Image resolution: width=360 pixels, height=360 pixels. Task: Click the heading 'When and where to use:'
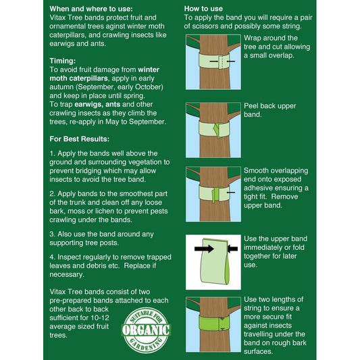pos(91,9)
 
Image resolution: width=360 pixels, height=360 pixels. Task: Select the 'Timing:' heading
pos(62,61)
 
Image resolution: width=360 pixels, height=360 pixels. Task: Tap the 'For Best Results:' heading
pos(80,139)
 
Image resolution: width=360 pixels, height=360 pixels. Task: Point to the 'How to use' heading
pos(203,9)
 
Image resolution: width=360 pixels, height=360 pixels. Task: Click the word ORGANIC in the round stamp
pos(146,330)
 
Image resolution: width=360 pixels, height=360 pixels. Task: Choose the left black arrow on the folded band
pos(204,249)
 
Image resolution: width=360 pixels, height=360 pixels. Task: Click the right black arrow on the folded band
pos(232,249)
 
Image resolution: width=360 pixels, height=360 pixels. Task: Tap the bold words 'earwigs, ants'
pos(97,104)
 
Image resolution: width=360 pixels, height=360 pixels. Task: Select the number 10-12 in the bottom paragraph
pos(100,317)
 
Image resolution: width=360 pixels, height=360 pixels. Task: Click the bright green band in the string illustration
pos(214,324)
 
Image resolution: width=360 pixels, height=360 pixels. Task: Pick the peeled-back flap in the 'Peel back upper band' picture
pos(216,130)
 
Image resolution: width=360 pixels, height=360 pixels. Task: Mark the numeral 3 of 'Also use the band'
pos(52,234)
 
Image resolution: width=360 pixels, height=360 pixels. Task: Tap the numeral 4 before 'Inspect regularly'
pos(52,257)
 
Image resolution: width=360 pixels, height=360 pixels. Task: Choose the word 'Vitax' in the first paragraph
pos(57,18)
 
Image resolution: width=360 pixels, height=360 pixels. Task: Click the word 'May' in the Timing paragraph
pos(113,122)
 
